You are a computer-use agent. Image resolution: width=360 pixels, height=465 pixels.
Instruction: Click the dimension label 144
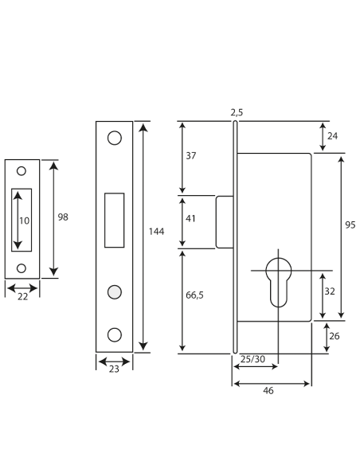pos(156,232)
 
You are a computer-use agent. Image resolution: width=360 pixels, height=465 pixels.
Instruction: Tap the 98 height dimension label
pos(63,217)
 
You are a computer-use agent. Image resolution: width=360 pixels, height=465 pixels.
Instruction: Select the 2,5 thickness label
pos(237,112)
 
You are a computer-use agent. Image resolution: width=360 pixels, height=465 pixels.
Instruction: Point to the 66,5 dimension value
pos(194,295)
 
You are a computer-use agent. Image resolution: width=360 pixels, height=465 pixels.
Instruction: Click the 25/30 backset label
pos(252,359)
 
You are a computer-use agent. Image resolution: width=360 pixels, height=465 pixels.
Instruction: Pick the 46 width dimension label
pos(268,391)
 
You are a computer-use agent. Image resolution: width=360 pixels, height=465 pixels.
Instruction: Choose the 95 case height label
pos(350,225)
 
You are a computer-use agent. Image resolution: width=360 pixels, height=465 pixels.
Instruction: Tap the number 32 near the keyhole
pos(330,291)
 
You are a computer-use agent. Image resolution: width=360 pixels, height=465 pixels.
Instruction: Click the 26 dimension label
pos(335,336)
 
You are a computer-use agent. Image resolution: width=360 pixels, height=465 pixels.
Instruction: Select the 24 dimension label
pos(332,136)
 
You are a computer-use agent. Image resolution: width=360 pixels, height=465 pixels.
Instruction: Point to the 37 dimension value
pos(191,156)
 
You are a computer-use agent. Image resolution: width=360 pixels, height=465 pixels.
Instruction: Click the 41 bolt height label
pos(190,218)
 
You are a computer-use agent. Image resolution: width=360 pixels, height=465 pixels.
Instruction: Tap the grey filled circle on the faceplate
pos(115,292)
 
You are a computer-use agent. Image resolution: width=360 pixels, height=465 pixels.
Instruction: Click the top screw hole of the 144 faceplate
pos(115,138)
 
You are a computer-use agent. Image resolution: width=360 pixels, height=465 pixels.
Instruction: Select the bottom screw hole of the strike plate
pos(22,268)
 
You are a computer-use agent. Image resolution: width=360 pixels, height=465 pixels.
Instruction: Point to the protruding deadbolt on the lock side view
pos(225,222)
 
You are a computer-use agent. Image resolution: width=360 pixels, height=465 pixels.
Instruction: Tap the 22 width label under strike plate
pos(22,296)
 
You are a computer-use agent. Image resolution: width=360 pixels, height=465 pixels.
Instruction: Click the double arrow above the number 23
pos(114,361)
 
